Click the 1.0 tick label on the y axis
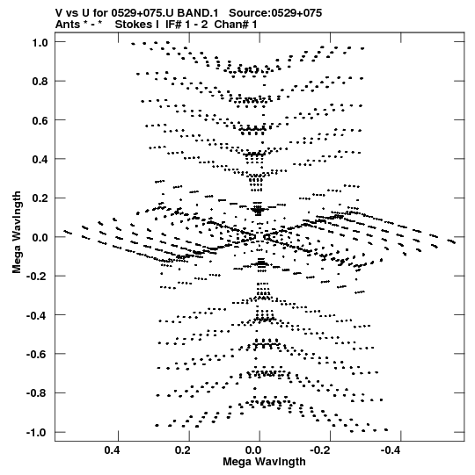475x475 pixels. pyautogui.click(x=40, y=43)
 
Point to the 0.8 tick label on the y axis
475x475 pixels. pyautogui.click(x=40, y=82)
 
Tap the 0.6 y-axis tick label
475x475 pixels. pyautogui.click(x=40, y=120)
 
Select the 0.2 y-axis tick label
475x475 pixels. pyautogui.click(x=40, y=198)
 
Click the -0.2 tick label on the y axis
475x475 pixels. pyautogui.click(x=37, y=277)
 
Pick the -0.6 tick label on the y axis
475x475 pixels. pyautogui.click(x=37, y=354)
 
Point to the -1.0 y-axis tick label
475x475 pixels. pyautogui.click(x=37, y=432)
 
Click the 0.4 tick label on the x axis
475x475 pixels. pyautogui.click(x=113, y=450)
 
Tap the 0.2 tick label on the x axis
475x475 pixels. pyautogui.click(x=183, y=450)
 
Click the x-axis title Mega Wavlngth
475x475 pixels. pyautogui.click(x=264, y=462)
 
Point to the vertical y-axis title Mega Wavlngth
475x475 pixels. pyautogui.click(x=17, y=232)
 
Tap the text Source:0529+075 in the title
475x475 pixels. pyautogui.click(x=275, y=13)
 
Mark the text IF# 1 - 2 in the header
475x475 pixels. pyautogui.click(x=186, y=25)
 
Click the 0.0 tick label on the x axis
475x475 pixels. pyautogui.click(x=254, y=450)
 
